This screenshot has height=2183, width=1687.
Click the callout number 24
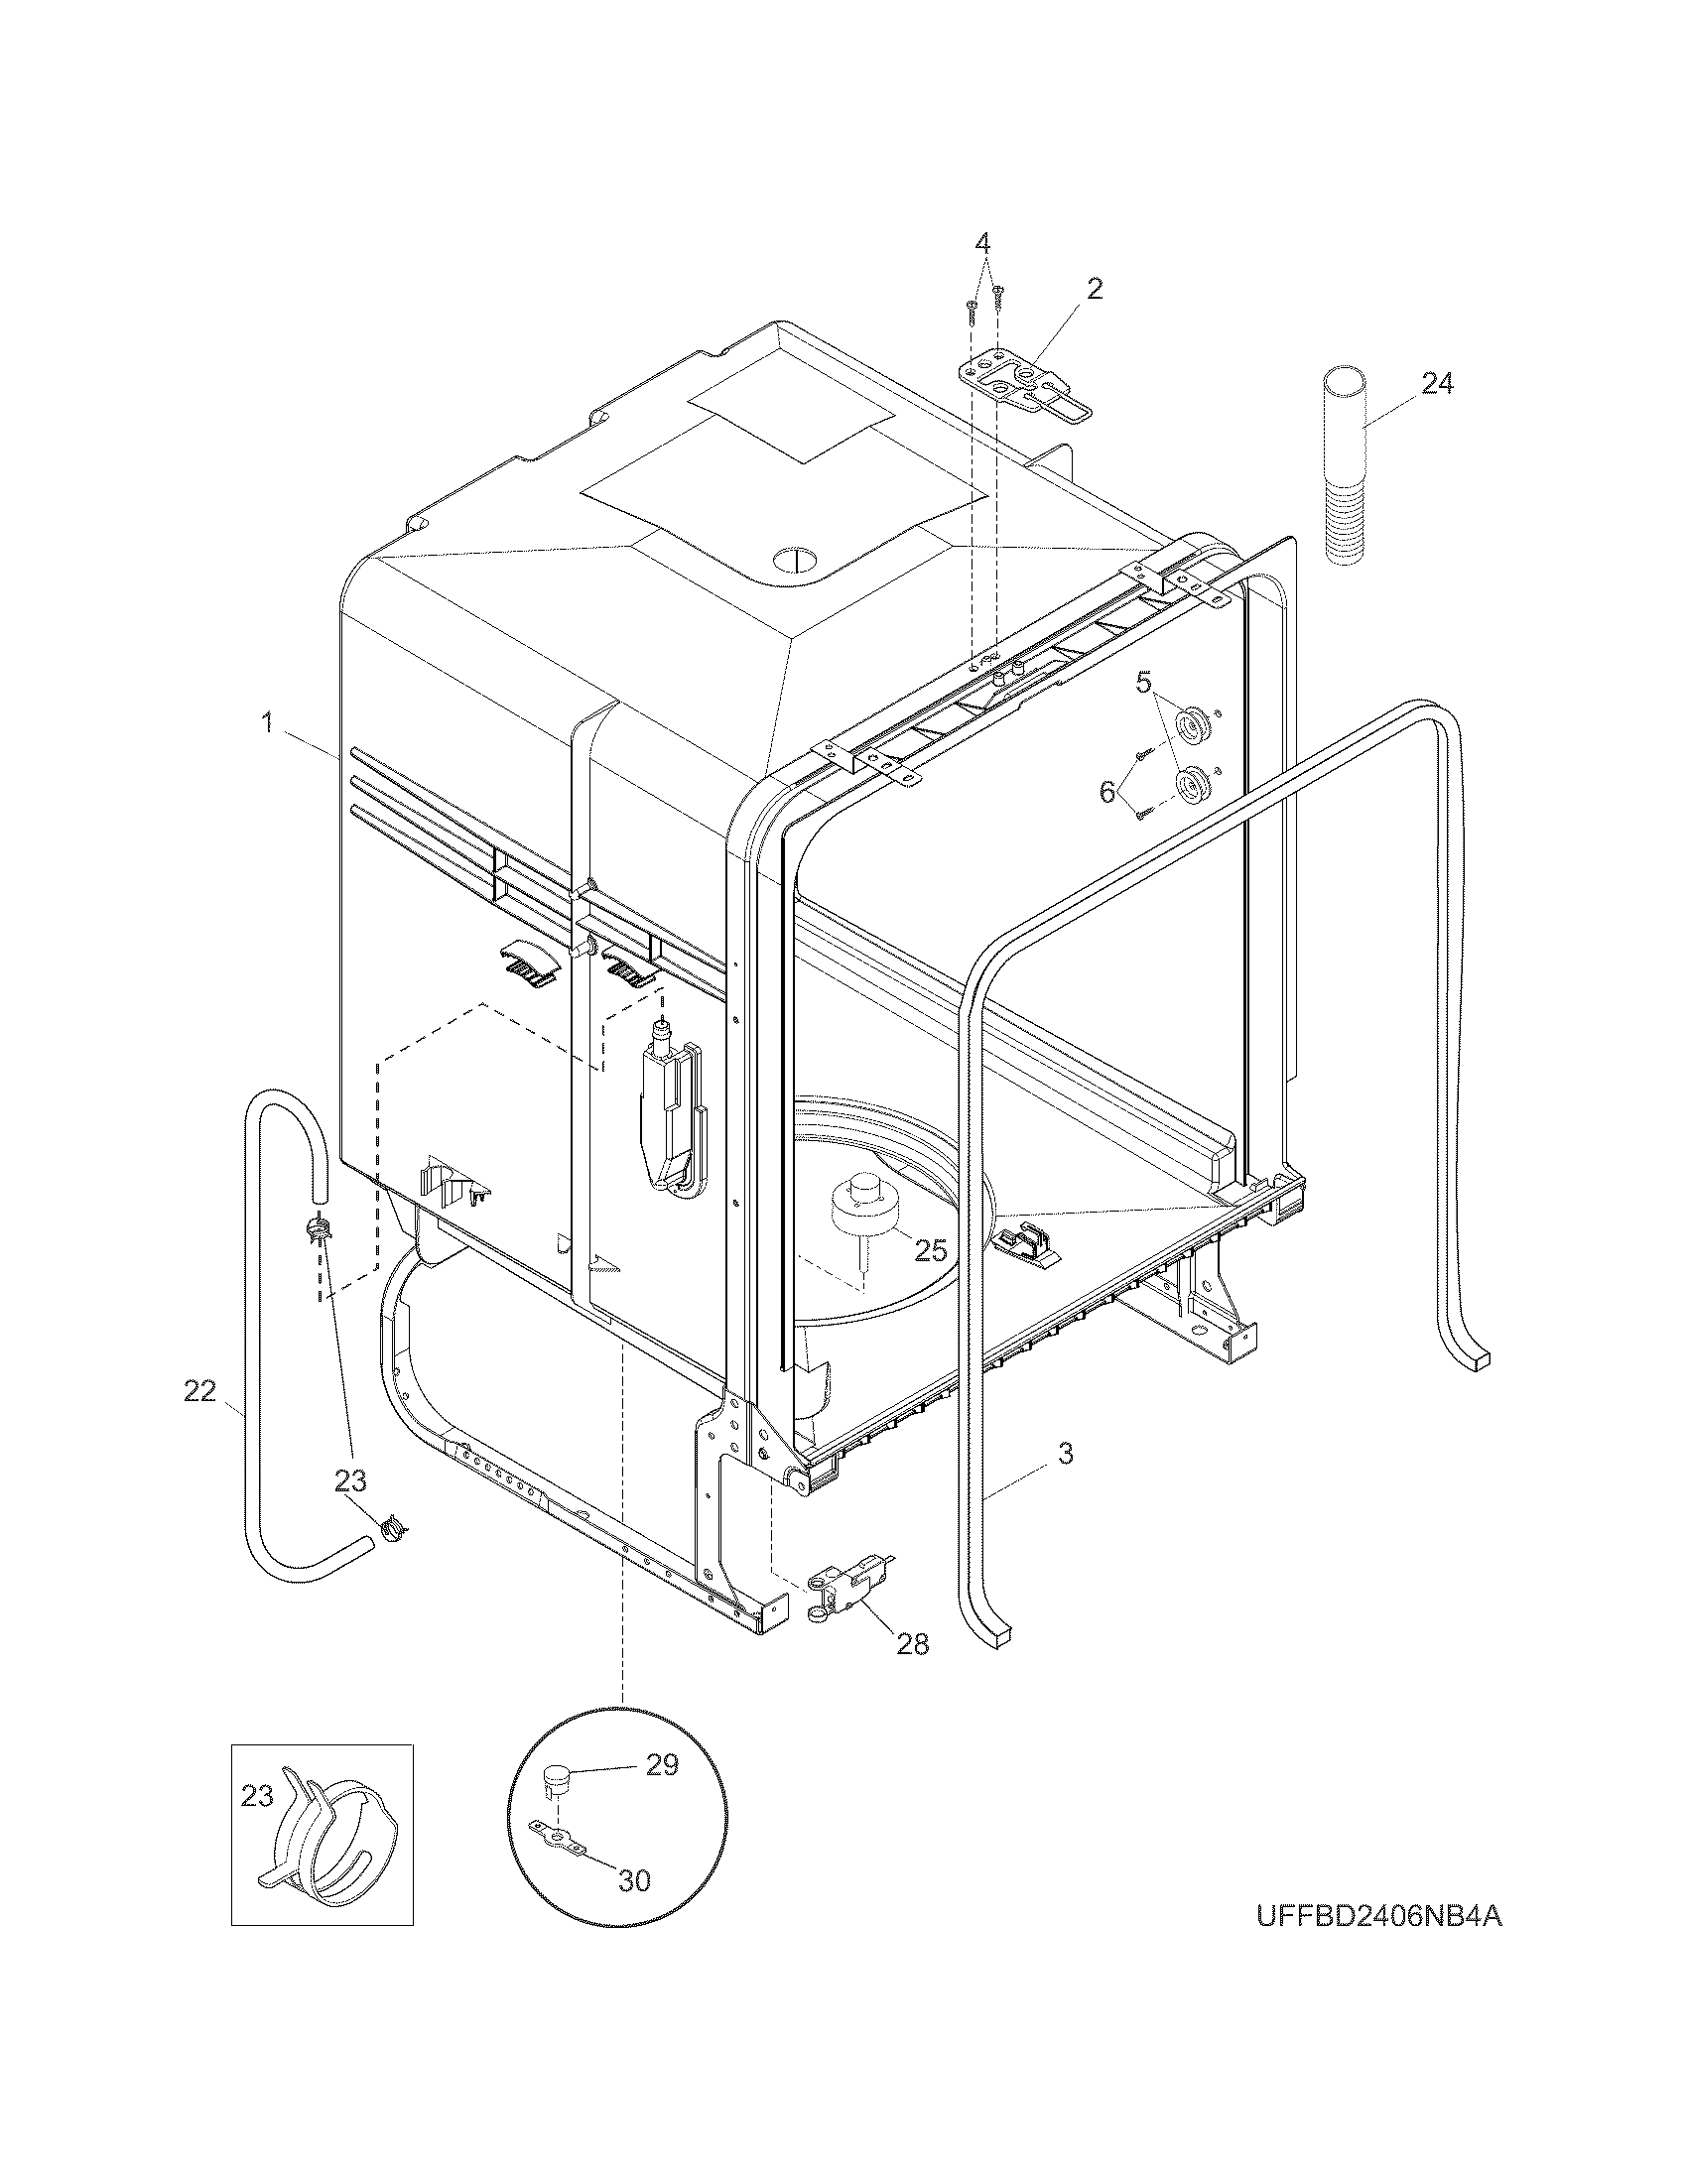tap(1437, 383)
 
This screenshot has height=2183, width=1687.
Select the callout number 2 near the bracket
tap(1095, 290)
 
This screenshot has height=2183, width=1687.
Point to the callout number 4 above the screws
tap(982, 243)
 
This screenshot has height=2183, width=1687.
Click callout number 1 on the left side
tap(267, 722)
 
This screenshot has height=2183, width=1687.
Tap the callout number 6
tap(1106, 792)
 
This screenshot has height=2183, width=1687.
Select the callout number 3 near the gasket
tap(1066, 1454)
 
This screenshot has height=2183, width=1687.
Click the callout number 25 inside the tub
tap(931, 1250)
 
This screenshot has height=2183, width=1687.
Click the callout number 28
tap(912, 1643)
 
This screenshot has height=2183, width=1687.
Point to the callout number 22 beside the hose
tap(199, 1390)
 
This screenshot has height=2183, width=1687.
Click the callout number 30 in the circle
tap(634, 1880)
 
